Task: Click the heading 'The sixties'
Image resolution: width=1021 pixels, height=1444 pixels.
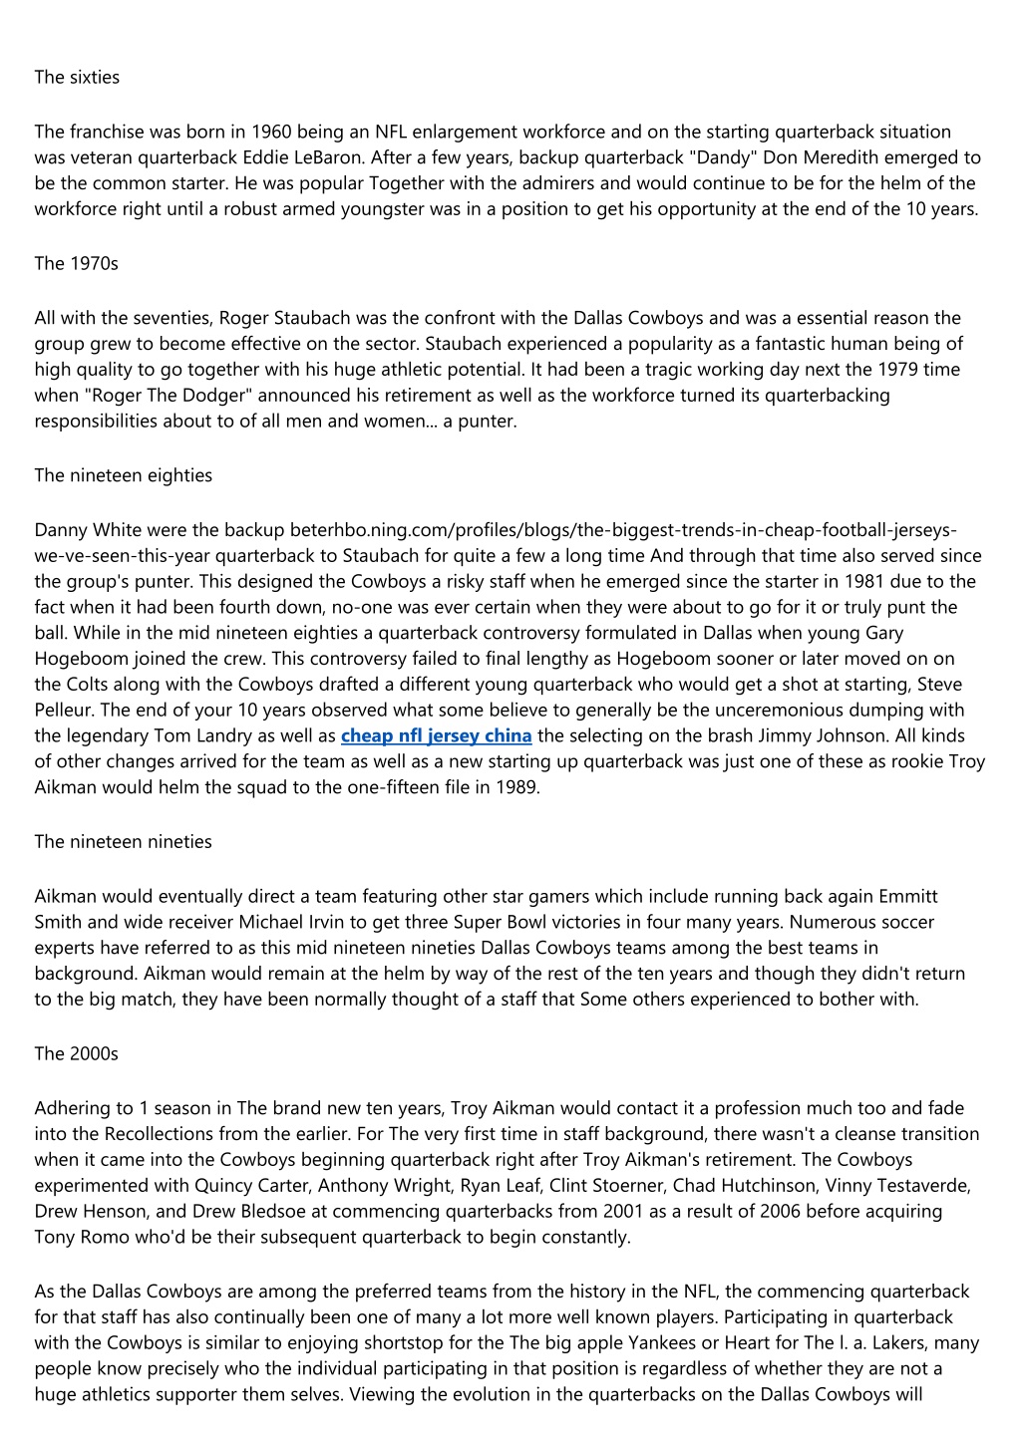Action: pyautogui.click(x=77, y=77)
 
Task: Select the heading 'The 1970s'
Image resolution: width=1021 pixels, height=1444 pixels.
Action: pyautogui.click(x=76, y=263)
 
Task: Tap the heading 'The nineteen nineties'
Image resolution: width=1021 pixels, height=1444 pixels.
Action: pyautogui.click(x=123, y=841)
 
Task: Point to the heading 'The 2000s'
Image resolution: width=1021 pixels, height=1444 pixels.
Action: pyautogui.click(x=76, y=1053)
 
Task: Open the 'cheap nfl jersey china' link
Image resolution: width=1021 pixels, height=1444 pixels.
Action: pyautogui.click(x=436, y=735)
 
